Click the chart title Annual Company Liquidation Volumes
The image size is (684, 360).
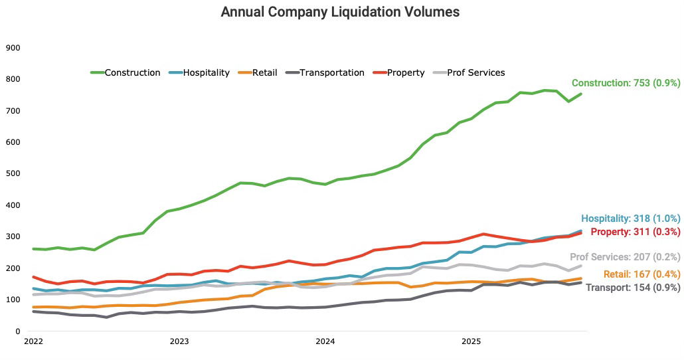pyautogui.click(x=340, y=12)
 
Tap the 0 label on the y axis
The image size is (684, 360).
pyautogui.click(x=18, y=331)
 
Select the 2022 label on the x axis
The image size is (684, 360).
pyautogui.click(x=33, y=342)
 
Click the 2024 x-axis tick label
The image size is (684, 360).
pyautogui.click(x=325, y=342)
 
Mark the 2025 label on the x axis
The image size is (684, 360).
pyautogui.click(x=471, y=342)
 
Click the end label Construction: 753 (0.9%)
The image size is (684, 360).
pyautogui.click(x=626, y=83)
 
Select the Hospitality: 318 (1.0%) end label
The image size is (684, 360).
pyautogui.click(x=631, y=219)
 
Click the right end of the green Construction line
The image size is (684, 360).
pyautogui.click(x=581, y=94)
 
